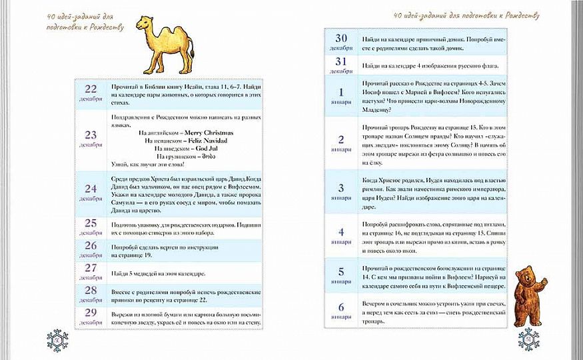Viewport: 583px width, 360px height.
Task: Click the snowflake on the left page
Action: (57, 340)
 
